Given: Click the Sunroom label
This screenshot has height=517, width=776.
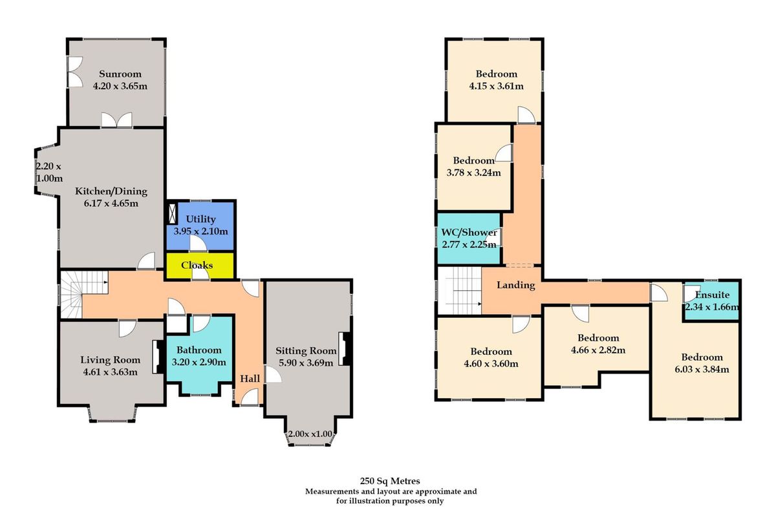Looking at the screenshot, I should pyautogui.click(x=116, y=74).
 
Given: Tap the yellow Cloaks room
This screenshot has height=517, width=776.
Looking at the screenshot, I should pyautogui.click(x=197, y=266).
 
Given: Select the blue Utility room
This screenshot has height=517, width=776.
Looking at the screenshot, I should pyautogui.click(x=201, y=225).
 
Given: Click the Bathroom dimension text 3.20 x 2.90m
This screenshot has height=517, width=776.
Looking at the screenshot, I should pyautogui.click(x=199, y=362).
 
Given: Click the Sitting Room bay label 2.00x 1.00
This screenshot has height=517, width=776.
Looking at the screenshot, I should pyautogui.click(x=310, y=434).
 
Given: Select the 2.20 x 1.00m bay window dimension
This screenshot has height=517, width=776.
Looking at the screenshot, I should pyautogui.click(x=48, y=173).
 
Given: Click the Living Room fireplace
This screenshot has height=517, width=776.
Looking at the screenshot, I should pyautogui.click(x=156, y=357).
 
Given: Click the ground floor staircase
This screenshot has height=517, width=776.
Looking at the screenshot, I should pyautogui.click(x=81, y=294).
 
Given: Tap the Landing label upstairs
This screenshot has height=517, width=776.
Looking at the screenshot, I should pyautogui.click(x=515, y=285).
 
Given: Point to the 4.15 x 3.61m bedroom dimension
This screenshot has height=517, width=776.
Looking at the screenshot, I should pyautogui.click(x=496, y=86).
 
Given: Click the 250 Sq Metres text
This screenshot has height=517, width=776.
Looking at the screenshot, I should pyautogui.click(x=391, y=481).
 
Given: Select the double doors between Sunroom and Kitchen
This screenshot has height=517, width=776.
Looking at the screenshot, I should pyautogui.click(x=116, y=121).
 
